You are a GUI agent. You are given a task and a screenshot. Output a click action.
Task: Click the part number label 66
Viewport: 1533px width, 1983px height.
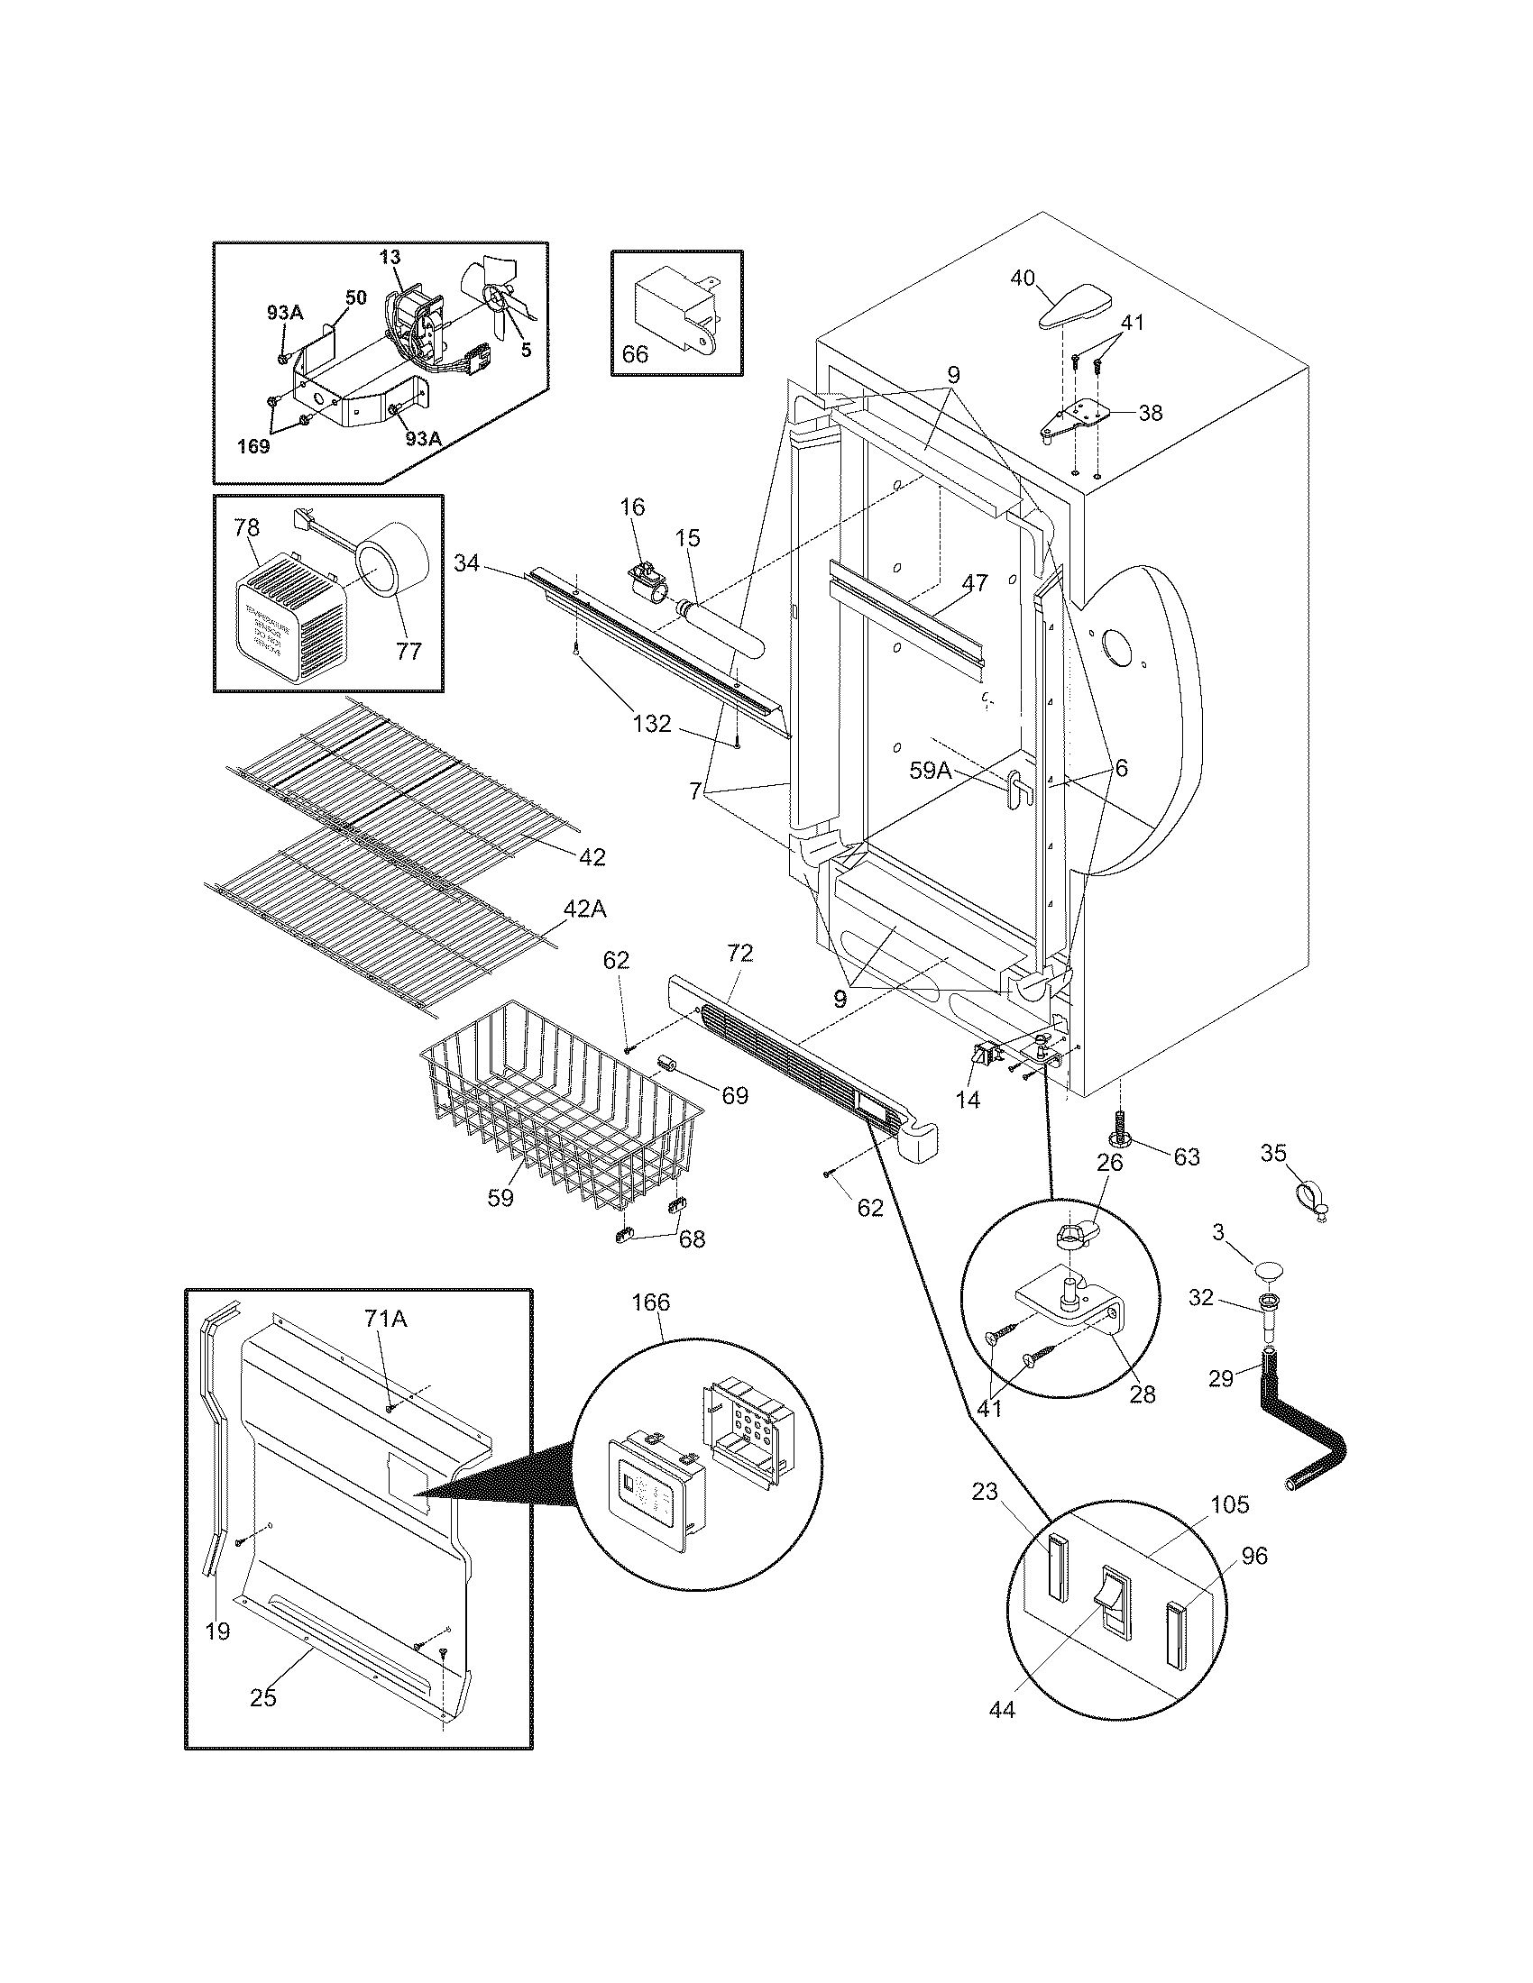pyautogui.click(x=635, y=353)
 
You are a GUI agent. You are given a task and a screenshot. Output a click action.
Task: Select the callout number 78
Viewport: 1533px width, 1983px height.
pyautogui.click(x=246, y=527)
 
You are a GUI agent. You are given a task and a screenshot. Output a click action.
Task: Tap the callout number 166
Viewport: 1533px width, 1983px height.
pyautogui.click(x=650, y=1302)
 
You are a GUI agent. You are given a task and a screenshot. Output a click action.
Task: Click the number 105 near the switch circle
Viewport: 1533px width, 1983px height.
pyautogui.click(x=1229, y=1503)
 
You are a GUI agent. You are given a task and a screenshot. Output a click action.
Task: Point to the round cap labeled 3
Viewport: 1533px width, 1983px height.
pyautogui.click(x=1276, y=1268)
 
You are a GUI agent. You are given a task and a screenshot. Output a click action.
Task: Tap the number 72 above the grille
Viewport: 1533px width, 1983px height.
pyautogui.click(x=739, y=953)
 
